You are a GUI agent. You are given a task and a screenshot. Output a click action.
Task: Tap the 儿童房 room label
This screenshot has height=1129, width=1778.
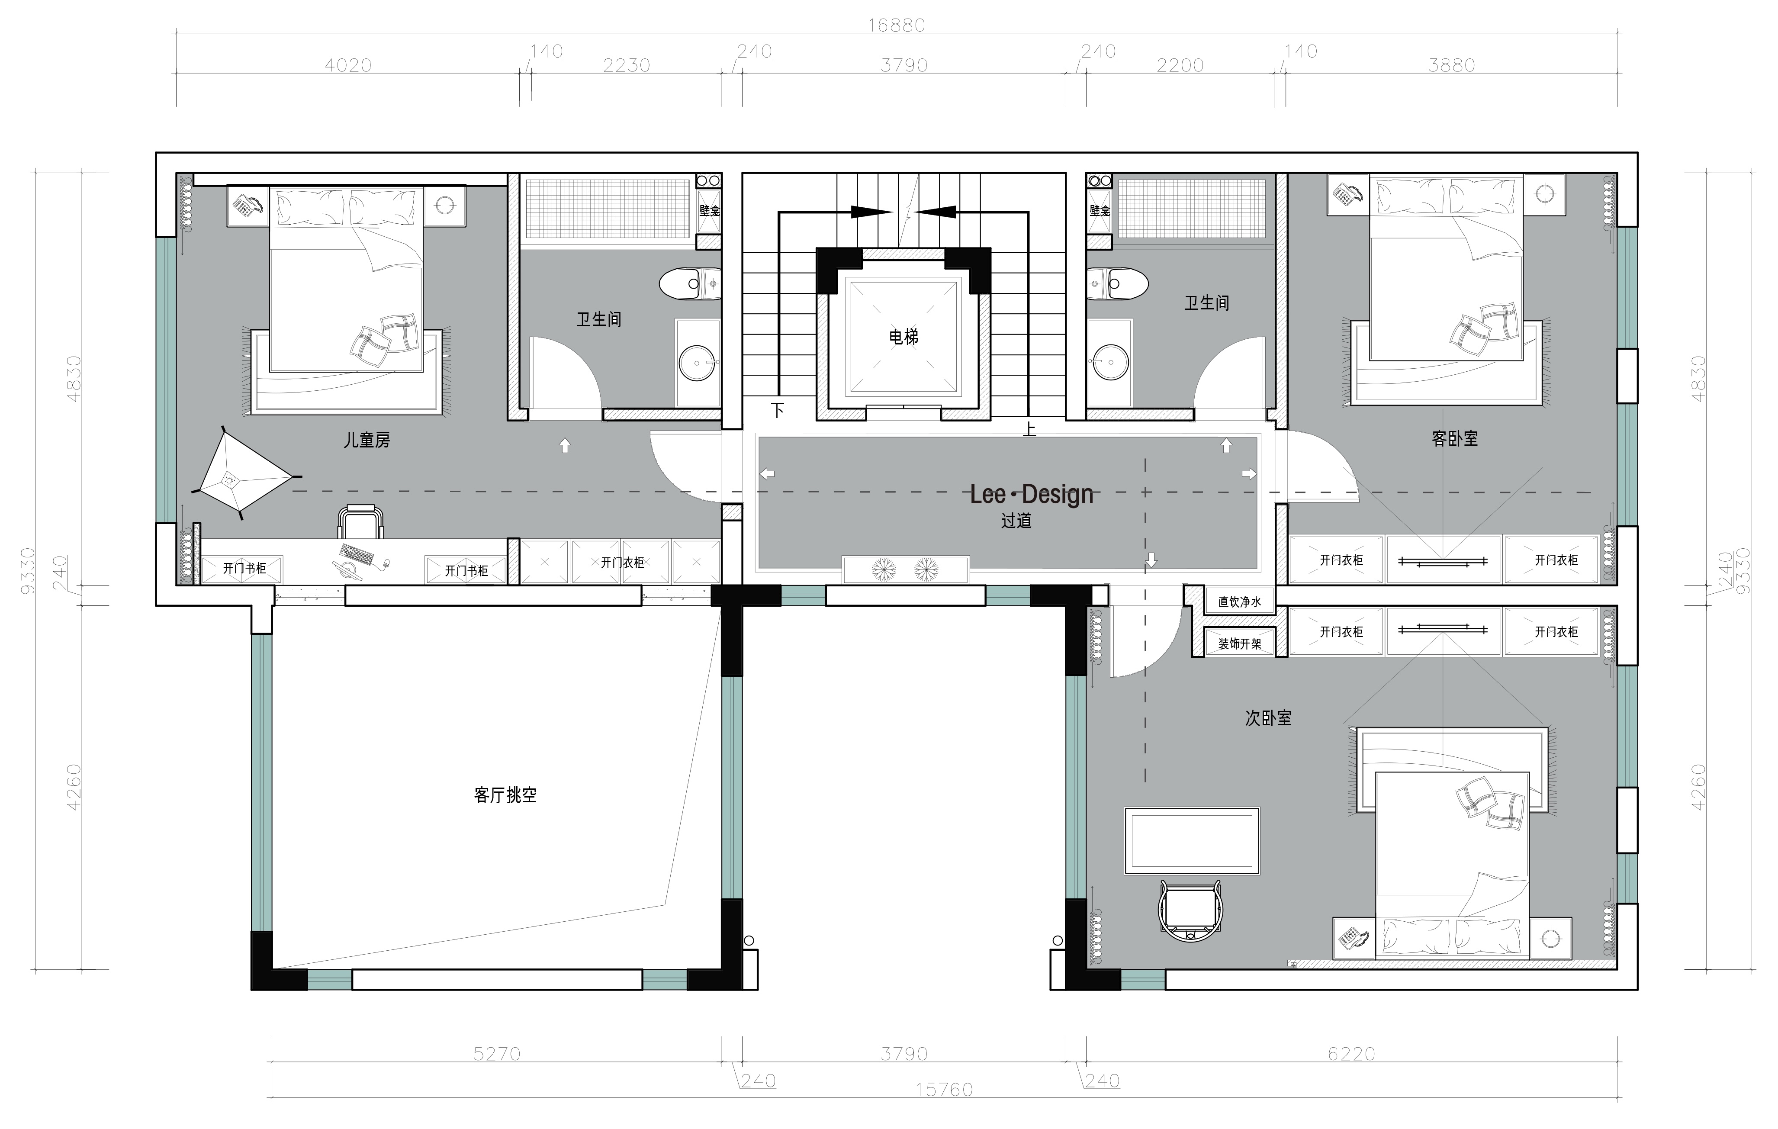pos(367,440)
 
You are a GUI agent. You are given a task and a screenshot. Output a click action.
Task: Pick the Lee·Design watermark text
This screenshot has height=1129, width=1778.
pos(1032,494)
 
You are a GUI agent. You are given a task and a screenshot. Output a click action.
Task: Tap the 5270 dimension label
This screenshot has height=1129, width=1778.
pos(496,1054)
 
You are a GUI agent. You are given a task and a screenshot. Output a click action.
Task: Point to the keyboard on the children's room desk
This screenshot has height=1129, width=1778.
pos(357,554)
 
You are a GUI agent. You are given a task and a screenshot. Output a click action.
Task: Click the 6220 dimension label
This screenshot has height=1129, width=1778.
pos(1351,1054)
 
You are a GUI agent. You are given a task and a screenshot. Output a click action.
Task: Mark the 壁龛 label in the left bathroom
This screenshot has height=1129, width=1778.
pos(710,210)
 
